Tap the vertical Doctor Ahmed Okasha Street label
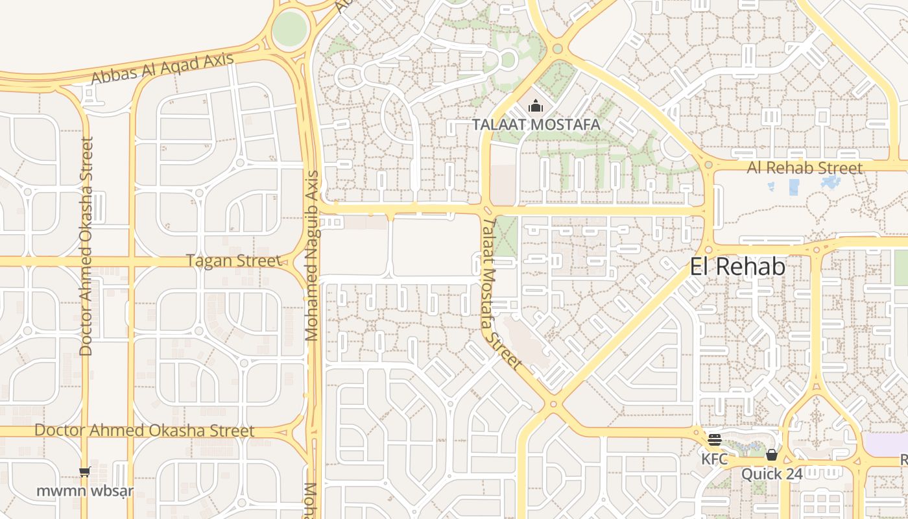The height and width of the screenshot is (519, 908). coord(86,247)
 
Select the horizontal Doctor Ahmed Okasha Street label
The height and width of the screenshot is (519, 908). coord(144,431)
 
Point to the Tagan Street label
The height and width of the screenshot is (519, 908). coord(233,261)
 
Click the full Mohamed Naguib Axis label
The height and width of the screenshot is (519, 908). coord(312,256)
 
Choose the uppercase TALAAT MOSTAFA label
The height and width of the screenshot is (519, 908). coord(536,124)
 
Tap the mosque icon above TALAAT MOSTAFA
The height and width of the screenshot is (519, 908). coord(536,105)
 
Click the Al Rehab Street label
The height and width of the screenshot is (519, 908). coord(805,168)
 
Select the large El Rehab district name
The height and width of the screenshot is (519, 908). coord(737,267)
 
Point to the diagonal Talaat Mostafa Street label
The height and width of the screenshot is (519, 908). coord(501,293)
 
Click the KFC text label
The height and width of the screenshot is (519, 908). coord(714,459)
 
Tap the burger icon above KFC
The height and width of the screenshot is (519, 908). coord(715,441)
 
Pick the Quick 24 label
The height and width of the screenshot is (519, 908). coord(772,474)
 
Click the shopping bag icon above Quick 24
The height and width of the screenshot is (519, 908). coord(772,455)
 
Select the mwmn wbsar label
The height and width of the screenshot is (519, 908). coord(85,490)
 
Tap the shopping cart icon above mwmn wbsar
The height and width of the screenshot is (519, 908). coord(85,472)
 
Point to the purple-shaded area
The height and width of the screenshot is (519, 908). coord(887,445)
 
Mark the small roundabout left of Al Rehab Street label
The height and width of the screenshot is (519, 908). coord(708,165)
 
